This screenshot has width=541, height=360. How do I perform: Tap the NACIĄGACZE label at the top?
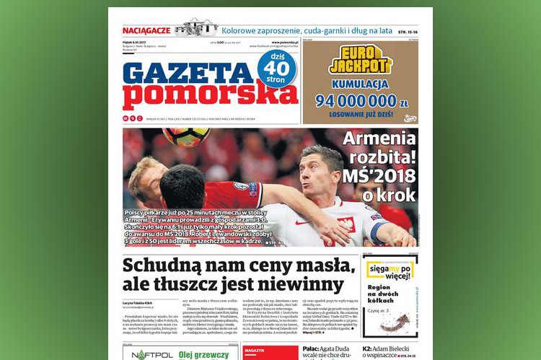pos(147,30)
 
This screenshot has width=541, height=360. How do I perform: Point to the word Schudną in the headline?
pos(163,265)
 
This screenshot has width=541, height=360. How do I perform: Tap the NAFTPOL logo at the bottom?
pos(149,354)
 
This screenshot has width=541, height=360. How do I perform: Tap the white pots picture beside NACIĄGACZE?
pos(195,29)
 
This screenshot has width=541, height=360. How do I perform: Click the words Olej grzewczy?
pos(204,354)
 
